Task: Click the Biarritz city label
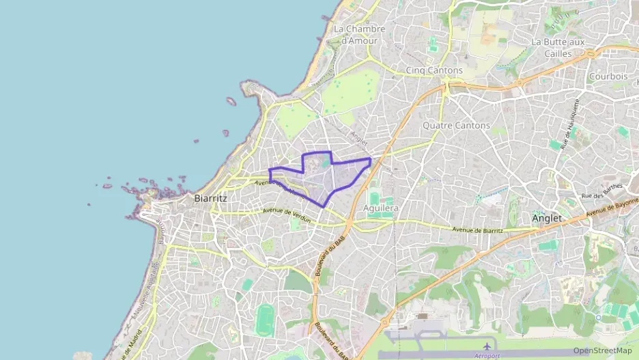click(x=210, y=198)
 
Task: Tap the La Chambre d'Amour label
click(x=359, y=34)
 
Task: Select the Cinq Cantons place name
click(x=434, y=70)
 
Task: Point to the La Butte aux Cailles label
click(x=558, y=47)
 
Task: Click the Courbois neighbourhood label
click(x=608, y=77)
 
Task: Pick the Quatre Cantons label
click(x=456, y=126)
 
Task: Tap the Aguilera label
click(x=381, y=207)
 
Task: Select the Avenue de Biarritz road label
click(x=477, y=230)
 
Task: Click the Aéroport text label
click(x=487, y=356)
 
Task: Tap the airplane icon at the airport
click(x=487, y=346)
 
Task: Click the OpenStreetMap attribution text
click(x=602, y=350)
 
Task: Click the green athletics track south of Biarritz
click(x=266, y=320)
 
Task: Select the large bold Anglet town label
click(x=546, y=219)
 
